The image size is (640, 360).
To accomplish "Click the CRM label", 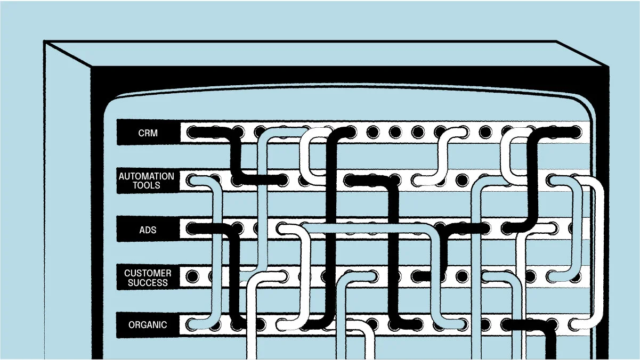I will click(x=148, y=133).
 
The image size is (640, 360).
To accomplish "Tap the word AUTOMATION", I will click(x=146, y=176).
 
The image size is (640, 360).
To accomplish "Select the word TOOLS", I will click(x=146, y=185).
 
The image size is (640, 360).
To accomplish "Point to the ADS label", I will click(x=148, y=231).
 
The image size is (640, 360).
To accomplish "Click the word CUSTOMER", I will click(x=148, y=273).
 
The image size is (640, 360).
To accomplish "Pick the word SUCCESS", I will click(x=148, y=283).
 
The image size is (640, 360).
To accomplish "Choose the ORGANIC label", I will click(x=148, y=325).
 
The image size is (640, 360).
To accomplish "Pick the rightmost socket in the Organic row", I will click(x=576, y=323).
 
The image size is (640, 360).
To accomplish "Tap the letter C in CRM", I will click(x=141, y=133).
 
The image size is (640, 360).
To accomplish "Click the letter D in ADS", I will click(x=148, y=231).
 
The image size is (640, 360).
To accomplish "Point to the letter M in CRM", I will click(x=155, y=133).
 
